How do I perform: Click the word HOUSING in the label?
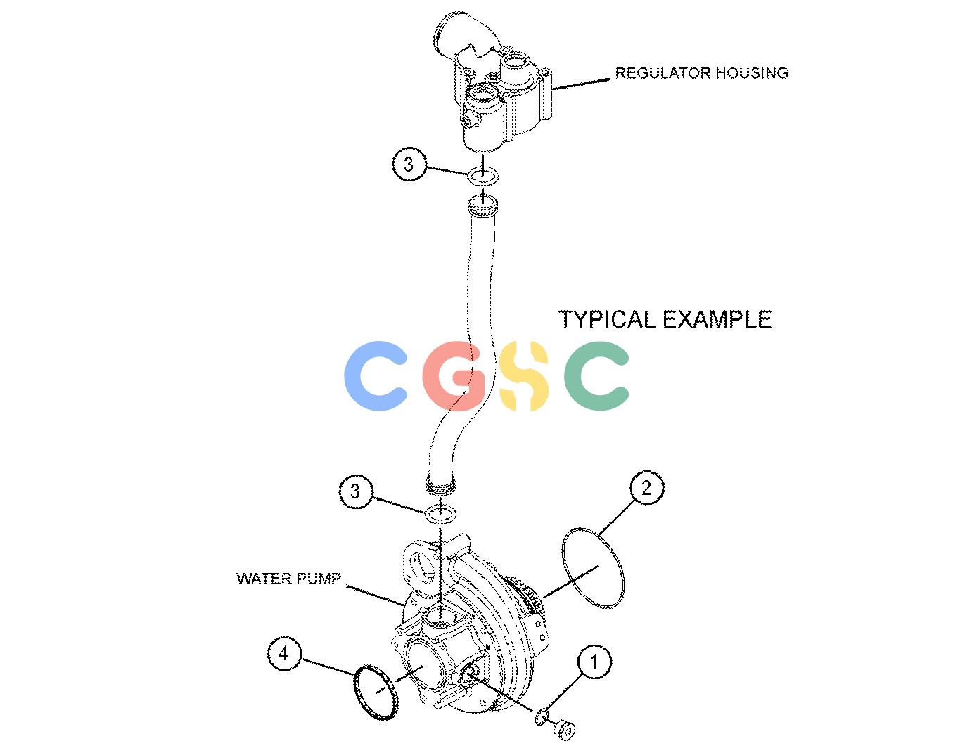(x=752, y=73)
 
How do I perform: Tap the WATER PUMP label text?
(x=288, y=579)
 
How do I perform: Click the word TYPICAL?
(x=607, y=319)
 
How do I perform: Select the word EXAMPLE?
(x=717, y=319)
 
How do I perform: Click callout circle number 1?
(x=594, y=662)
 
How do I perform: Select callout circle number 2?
(x=647, y=488)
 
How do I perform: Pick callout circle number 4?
(x=284, y=654)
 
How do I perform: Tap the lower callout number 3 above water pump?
(x=355, y=491)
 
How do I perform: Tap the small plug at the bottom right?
(x=565, y=731)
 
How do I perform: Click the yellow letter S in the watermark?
(x=524, y=375)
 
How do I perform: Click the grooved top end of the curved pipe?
(x=483, y=206)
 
